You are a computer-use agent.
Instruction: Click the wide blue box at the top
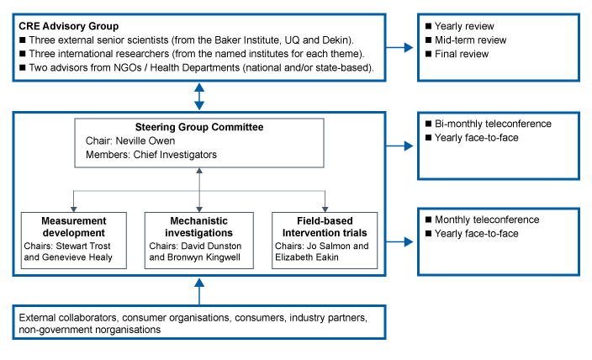coord(198,47)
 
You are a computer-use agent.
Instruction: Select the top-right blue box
coord(498,47)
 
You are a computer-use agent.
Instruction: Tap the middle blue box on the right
coord(498,146)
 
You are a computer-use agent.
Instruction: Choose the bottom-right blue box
coord(498,241)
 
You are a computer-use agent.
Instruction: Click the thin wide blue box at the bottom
coord(198,321)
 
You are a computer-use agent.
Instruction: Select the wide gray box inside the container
coord(198,143)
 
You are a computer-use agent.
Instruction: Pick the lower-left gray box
coord(73,241)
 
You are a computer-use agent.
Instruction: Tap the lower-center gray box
coord(198,241)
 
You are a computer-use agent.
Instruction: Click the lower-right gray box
coord(325,241)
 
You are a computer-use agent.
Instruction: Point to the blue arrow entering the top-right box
coord(408,48)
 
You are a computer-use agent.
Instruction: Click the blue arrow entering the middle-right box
coord(408,146)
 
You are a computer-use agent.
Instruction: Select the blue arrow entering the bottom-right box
coord(408,241)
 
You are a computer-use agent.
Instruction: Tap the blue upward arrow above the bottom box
coord(199,283)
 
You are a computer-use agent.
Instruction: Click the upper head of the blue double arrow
coord(199,87)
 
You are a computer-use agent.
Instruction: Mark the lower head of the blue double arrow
coord(199,106)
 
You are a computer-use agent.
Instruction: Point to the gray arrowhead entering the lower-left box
coord(73,209)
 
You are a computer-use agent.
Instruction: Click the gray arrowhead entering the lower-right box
coord(325,209)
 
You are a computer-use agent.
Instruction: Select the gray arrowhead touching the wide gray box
coord(199,172)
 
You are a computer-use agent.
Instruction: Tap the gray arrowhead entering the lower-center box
coord(199,209)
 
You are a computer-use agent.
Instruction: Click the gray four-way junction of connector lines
coord(199,191)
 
